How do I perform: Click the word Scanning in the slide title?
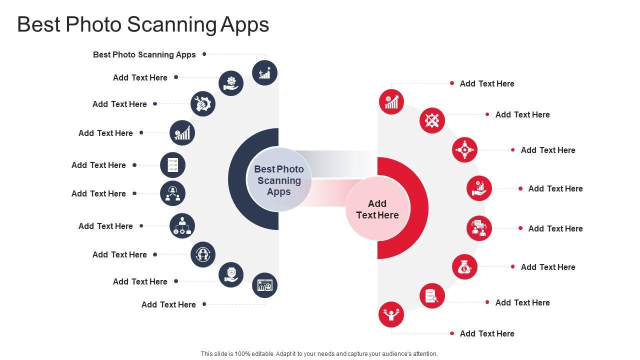(x=172, y=24)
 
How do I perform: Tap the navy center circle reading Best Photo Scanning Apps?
(x=279, y=180)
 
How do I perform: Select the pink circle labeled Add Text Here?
(x=377, y=209)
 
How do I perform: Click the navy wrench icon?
(x=203, y=104)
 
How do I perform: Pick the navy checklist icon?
(x=172, y=165)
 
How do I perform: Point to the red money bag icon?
(x=464, y=267)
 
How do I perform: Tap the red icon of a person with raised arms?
(x=391, y=314)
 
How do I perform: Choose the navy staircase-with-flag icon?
(x=264, y=73)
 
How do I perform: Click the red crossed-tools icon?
(x=432, y=120)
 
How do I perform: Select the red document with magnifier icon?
(x=432, y=295)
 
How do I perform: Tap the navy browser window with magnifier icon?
(x=264, y=285)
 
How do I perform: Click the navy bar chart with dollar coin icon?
(x=182, y=133)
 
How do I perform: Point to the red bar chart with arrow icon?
(x=391, y=102)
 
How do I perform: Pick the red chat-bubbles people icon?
(x=479, y=228)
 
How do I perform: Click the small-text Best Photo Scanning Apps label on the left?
(x=144, y=54)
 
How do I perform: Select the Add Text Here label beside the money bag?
(x=547, y=267)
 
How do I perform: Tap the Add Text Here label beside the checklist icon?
(x=98, y=165)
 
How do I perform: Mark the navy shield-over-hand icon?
(x=231, y=274)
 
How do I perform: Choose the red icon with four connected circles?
(x=464, y=150)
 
